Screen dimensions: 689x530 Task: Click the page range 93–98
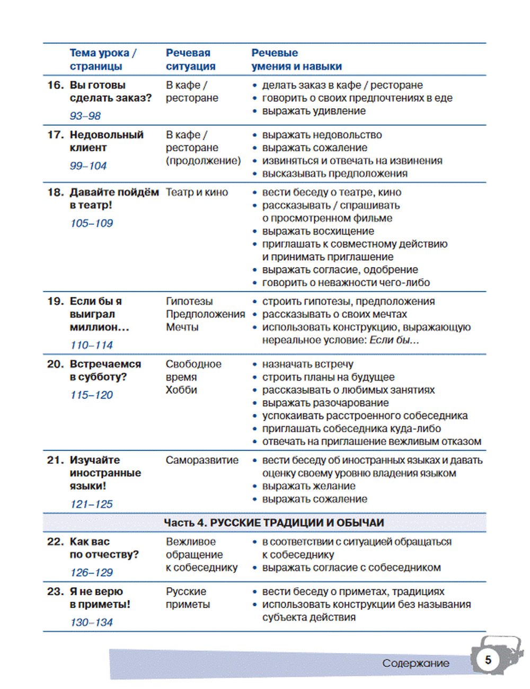[85, 116]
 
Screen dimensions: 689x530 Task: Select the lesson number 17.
[55, 135]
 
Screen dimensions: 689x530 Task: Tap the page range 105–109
[91, 223]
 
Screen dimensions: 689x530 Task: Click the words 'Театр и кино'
[197, 192]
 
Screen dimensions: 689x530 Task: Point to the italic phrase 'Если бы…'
[394, 340]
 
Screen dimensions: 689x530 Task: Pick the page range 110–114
[91, 345]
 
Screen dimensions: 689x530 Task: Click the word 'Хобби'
[181, 390]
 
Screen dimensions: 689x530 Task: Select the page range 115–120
[91, 395]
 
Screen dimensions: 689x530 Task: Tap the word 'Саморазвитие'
[202, 460]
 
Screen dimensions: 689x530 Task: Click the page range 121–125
[91, 504]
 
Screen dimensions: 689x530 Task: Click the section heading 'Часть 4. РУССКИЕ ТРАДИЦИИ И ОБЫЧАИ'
[273, 523]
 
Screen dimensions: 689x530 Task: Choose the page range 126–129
[91, 572]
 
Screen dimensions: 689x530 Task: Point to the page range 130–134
[91, 622]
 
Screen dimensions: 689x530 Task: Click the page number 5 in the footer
[488, 660]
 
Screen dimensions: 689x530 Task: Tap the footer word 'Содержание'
[416, 663]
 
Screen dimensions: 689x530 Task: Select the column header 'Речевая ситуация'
[190, 59]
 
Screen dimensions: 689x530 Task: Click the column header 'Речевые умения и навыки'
[296, 59]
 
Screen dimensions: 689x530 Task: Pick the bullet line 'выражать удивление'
[314, 111]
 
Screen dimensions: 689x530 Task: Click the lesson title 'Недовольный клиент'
[106, 141]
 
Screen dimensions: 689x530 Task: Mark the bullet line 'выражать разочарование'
[325, 403]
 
